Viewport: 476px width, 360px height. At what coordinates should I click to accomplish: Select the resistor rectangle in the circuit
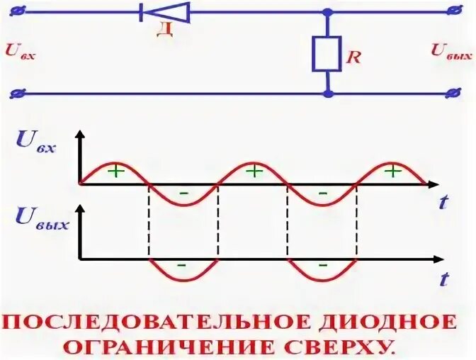[x=327, y=54]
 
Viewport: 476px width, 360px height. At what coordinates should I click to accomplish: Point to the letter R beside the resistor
[x=352, y=57]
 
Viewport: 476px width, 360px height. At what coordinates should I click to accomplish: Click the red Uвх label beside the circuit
[x=19, y=50]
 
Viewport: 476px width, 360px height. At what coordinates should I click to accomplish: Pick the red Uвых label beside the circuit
[x=450, y=50]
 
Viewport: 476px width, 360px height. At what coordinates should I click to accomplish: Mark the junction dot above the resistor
[x=327, y=12]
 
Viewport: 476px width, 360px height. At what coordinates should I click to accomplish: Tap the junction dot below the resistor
[x=327, y=93]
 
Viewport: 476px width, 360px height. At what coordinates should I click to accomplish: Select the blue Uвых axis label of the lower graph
[x=40, y=221]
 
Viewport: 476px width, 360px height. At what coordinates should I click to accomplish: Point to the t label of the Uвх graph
[x=443, y=203]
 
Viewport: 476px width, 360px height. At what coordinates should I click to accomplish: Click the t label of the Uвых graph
[x=443, y=279]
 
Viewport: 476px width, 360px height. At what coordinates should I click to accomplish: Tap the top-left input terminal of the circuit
[x=19, y=11]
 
